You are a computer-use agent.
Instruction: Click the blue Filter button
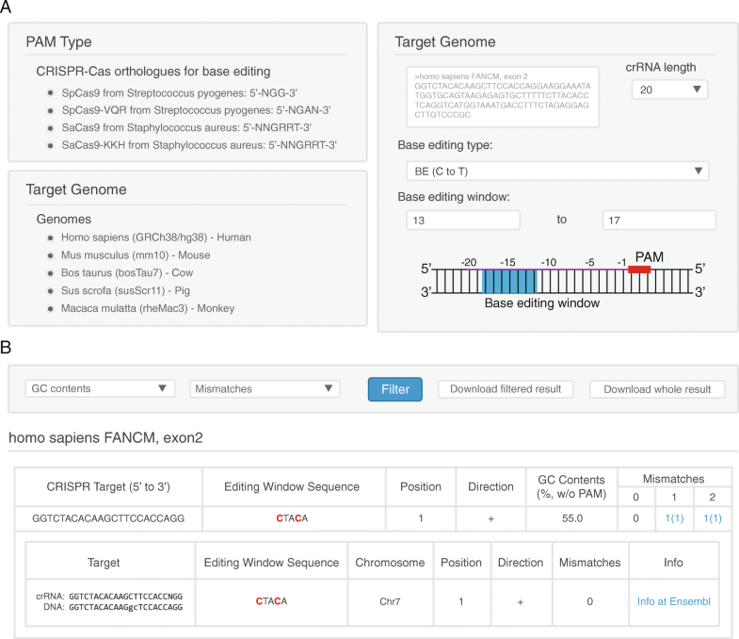395,389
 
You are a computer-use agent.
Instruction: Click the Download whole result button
657,389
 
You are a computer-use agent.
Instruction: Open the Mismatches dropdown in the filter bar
264,388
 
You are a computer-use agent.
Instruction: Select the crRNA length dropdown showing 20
668,90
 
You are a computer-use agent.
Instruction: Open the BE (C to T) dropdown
552,171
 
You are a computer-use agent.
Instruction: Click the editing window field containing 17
659,220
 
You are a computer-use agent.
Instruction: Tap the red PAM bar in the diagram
640,270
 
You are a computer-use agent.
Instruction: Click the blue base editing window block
508,281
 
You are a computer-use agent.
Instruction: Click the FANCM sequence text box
503,97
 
